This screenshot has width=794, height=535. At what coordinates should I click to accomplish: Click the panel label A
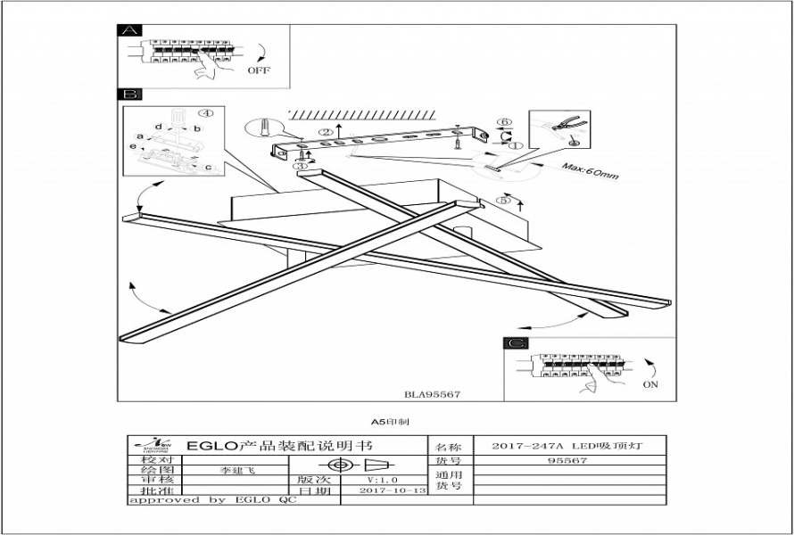coord(130,30)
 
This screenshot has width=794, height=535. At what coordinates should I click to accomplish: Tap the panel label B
coord(130,94)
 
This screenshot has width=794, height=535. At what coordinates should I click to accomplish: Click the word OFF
coord(259,70)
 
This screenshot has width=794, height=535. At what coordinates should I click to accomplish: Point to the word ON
coord(650,384)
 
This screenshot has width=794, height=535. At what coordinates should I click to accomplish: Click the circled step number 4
coord(206,113)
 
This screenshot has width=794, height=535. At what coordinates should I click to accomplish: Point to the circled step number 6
coord(504,122)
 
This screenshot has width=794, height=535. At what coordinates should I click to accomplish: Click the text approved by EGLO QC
coord(211,500)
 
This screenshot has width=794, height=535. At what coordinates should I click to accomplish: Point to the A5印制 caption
coord(385,419)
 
